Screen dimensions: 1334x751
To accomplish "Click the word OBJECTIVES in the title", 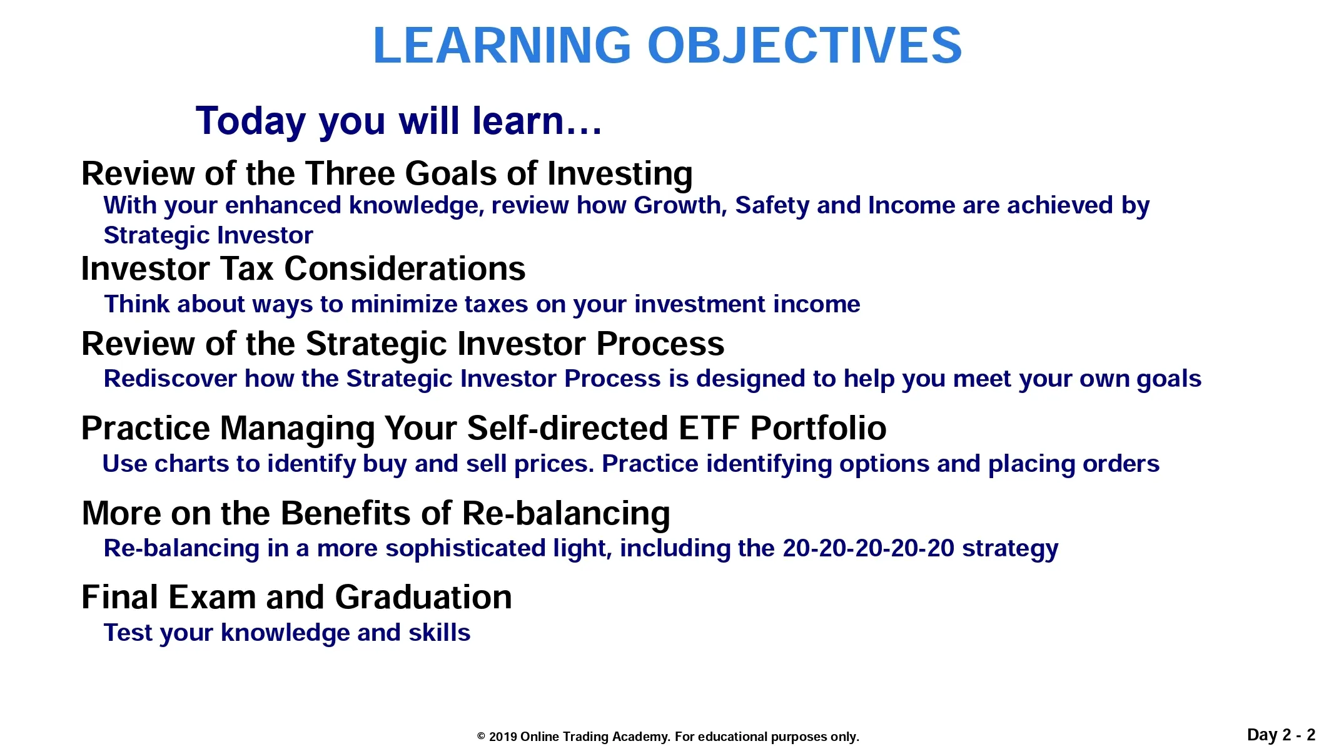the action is click(x=804, y=45).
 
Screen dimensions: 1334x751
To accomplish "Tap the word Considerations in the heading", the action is click(x=405, y=268).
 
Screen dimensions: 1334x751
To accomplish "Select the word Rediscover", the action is click(x=170, y=379).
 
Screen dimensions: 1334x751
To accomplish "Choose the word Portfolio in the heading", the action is click(x=818, y=429).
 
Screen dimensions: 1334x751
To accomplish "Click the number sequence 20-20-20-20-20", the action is click(x=869, y=548).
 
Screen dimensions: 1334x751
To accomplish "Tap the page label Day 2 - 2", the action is click(x=1281, y=735).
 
